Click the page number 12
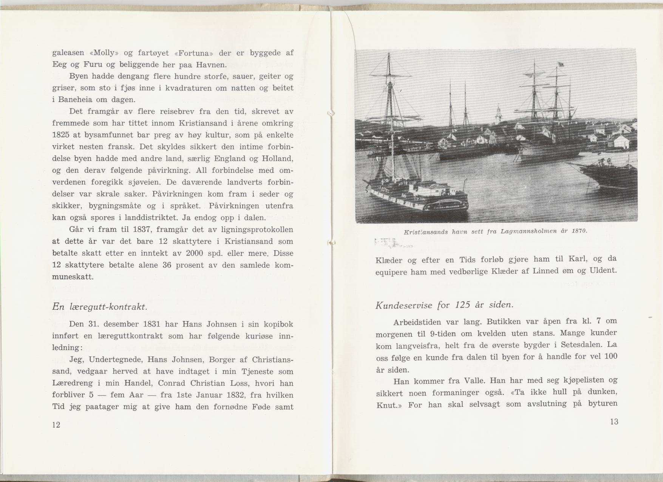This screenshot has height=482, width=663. click(56, 425)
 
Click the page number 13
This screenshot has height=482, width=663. click(614, 422)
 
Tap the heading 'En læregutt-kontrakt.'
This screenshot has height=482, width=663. click(99, 307)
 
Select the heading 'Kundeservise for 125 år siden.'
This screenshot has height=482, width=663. click(444, 305)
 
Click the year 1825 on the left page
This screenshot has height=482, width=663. click(60, 135)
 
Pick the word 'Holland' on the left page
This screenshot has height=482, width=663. click(278, 158)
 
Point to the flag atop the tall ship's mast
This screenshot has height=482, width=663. click(561, 64)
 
